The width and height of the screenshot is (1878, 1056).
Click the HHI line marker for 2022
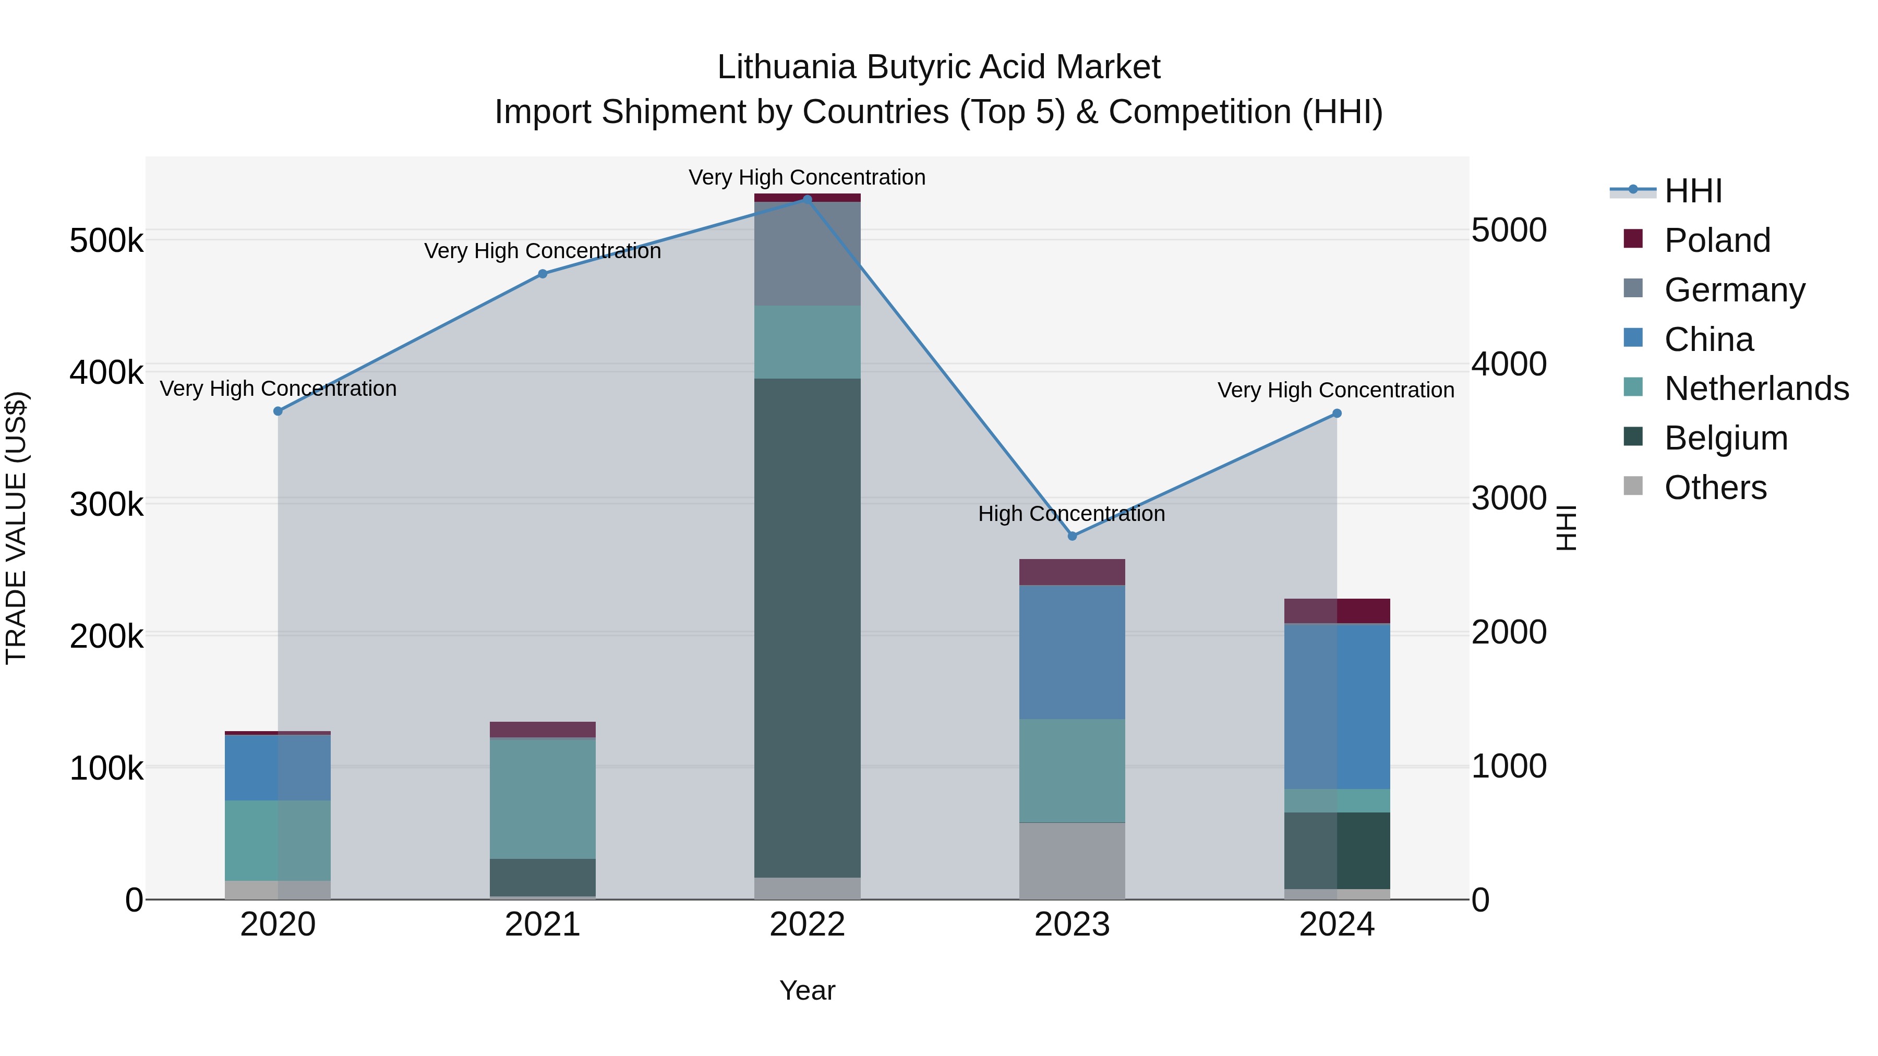click(807, 199)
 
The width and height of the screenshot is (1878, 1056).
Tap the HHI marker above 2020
click(278, 411)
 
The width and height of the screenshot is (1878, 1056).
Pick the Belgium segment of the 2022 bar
click(807, 627)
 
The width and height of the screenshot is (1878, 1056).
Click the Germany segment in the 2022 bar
click(807, 253)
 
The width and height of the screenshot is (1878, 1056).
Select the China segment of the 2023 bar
click(1072, 652)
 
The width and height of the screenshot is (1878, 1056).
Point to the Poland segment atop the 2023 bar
click(1072, 572)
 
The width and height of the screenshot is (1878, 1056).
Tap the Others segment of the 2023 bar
click(1072, 860)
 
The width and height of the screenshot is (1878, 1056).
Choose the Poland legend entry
click(1717, 240)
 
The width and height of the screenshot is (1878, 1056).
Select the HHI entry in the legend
click(1693, 191)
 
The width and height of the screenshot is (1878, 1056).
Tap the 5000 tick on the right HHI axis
click(1508, 230)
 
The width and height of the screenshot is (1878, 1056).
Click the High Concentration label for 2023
click(1071, 514)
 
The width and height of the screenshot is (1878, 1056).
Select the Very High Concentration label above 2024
click(1335, 391)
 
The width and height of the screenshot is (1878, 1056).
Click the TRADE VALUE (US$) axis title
click(17, 528)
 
